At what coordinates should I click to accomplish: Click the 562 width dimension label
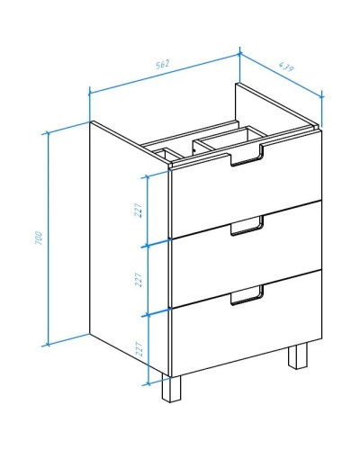163,64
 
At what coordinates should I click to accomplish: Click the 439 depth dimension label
285,67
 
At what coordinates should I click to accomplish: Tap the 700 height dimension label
39,238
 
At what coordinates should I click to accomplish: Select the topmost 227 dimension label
138,211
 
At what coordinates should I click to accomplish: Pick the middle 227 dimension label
138,280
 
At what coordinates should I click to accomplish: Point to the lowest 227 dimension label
139,348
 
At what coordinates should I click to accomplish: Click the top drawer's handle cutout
247,156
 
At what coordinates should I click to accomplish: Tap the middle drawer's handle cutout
247,226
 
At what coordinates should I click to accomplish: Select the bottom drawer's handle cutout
247,295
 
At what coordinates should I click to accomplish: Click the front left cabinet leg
172,388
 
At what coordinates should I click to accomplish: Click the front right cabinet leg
298,355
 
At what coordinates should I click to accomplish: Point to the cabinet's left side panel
130,246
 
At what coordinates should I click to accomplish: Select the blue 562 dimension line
165,74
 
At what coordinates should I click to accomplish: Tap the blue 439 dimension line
281,76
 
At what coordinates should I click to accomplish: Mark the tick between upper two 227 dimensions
147,246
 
